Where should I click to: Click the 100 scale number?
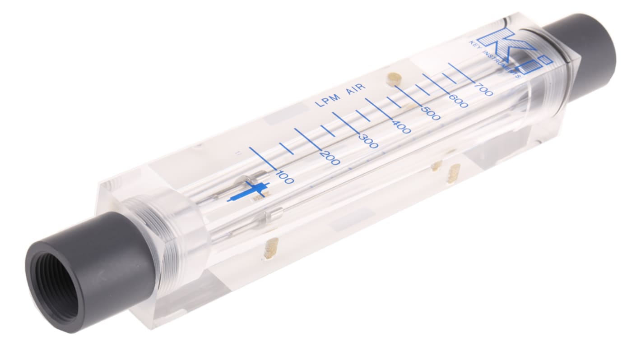point(285,178)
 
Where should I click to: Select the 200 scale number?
point(330,157)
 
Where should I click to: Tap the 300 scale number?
point(368,141)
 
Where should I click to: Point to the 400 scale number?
point(401,126)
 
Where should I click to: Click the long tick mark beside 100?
point(263,158)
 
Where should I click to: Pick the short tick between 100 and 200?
point(286,148)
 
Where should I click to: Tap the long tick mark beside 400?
point(379,109)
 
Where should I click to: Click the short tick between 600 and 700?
point(449,78)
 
